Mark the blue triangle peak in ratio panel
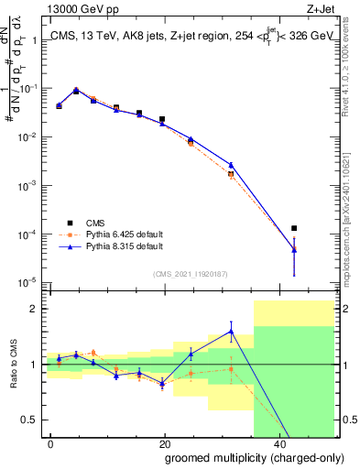(x=231, y=332)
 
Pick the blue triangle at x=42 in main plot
(x=294, y=248)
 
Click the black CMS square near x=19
(x=162, y=119)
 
